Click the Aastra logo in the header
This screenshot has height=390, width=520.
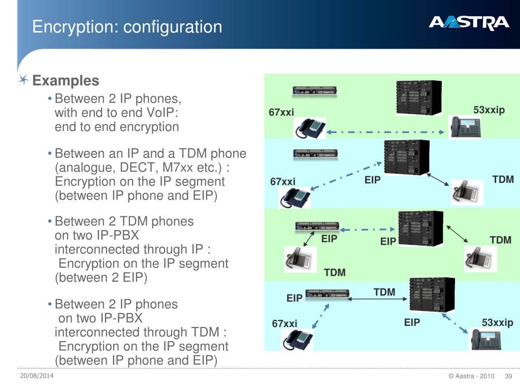(x=469, y=23)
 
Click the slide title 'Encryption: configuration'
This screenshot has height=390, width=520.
(x=127, y=26)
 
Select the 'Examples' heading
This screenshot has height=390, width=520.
(x=66, y=81)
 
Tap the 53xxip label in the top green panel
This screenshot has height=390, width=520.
(x=489, y=110)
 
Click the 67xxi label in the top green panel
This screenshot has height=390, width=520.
(x=281, y=112)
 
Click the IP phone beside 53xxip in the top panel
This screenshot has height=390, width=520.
(x=464, y=125)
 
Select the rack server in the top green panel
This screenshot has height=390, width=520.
(x=314, y=91)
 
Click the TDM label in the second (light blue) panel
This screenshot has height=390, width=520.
(x=503, y=179)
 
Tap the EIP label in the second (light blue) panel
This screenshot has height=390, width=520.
(x=372, y=180)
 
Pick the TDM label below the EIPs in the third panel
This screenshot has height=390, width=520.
(x=335, y=273)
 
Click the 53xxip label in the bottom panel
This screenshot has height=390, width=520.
(x=498, y=322)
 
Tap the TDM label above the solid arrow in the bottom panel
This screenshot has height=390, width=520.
(x=384, y=292)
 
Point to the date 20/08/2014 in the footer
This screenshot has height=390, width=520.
(x=37, y=375)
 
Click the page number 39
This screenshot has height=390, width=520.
(x=508, y=376)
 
